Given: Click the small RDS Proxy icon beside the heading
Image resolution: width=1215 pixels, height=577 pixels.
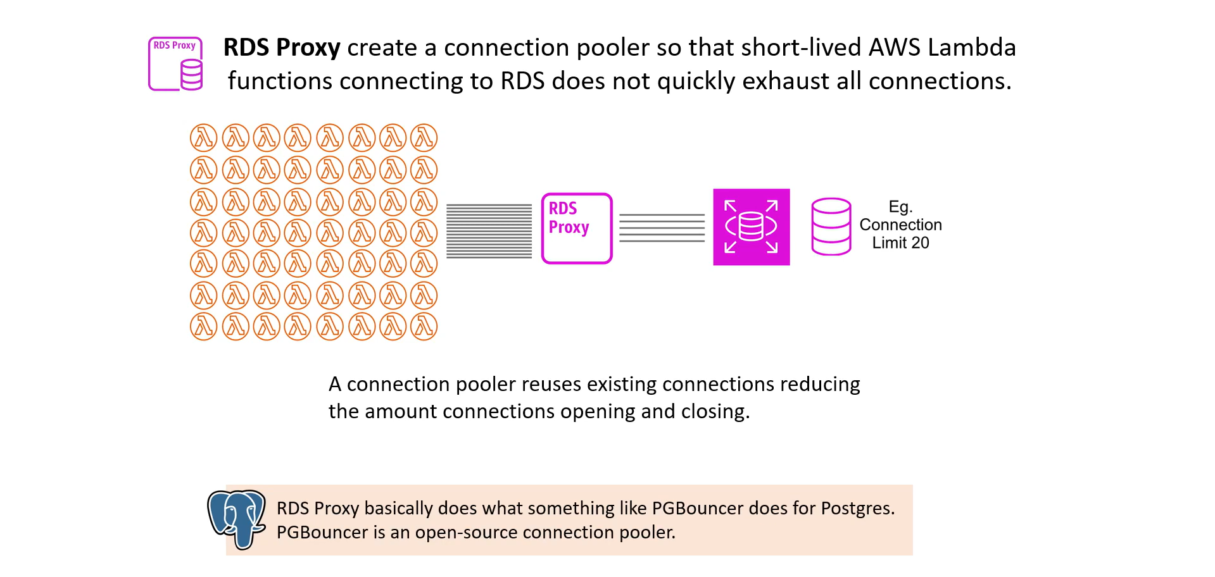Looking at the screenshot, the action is pos(175,64).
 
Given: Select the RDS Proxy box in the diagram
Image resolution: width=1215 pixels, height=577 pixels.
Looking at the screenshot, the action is pos(577,228).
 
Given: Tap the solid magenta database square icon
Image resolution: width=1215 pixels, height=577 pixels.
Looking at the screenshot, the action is pos(752,227).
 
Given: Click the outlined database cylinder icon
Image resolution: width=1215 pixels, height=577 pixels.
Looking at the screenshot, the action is pos(831,226).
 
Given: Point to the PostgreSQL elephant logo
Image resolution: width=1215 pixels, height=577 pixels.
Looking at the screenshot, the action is pos(237,519).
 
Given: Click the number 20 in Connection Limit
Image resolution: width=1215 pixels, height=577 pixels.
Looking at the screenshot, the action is pos(920,243).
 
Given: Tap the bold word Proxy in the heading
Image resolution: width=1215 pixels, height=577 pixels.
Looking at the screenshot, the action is pos(308,48).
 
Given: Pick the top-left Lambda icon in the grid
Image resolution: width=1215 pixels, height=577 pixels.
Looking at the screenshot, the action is pos(204,137).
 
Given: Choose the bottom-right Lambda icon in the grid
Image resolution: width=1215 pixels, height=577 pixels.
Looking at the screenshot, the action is pos(424,326).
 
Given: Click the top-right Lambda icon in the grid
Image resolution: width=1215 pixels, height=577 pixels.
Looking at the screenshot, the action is pos(424,137).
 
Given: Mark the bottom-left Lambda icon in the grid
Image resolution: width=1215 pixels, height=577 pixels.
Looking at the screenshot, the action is pos(204,326).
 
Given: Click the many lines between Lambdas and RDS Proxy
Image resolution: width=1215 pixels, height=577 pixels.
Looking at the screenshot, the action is pos(489,231).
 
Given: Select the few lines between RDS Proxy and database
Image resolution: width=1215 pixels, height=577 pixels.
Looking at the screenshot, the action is pos(662,228).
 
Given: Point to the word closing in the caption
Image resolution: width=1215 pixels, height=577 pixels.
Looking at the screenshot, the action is pos(715,412).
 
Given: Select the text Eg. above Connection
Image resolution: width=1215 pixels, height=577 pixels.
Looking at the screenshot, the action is pos(900,208).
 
